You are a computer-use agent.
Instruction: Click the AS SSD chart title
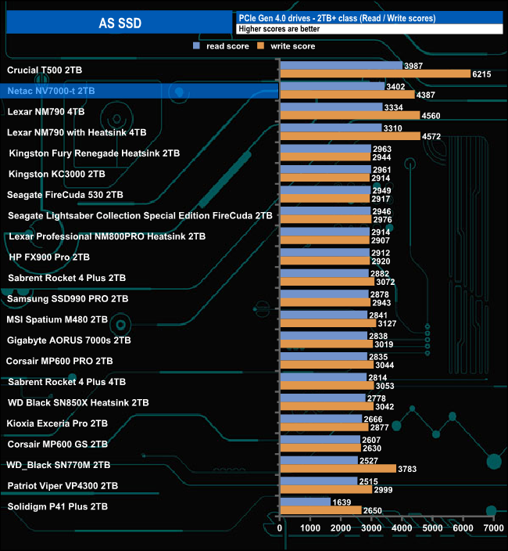pyautogui.click(x=120, y=23)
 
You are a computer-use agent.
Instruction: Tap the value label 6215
pyautogui.click(x=481, y=74)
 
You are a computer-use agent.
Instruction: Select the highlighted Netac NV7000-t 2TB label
pyautogui.click(x=51, y=91)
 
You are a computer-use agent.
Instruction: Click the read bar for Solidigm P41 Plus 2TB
pyautogui.click(x=306, y=502)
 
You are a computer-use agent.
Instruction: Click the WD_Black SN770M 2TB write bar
pyautogui.click(x=338, y=469)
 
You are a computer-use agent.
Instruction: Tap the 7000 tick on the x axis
pyautogui.click(x=493, y=529)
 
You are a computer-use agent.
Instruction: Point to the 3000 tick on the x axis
pyautogui.click(x=371, y=529)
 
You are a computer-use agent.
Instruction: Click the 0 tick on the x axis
pyautogui.click(x=281, y=529)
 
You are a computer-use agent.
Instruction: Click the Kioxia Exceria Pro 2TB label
pyautogui.click(x=57, y=423)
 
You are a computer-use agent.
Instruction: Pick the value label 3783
pyautogui.click(x=407, y=470)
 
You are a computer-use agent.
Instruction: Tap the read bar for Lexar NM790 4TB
pyautogui.click(x=331, y=107)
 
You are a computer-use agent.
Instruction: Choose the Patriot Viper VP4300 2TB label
pyautogui.click(x=63, y=486)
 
